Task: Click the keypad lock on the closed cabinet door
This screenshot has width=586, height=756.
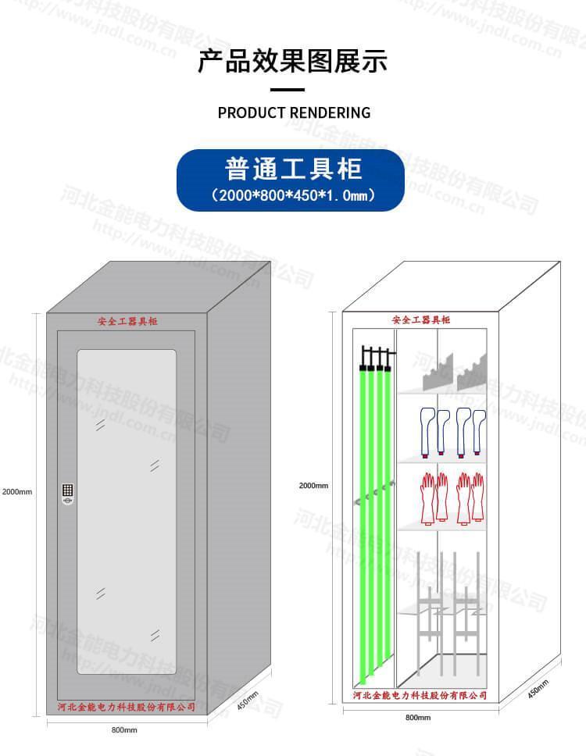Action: [x=68, y=494]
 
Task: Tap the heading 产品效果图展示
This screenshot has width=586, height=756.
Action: [x=292, y=61]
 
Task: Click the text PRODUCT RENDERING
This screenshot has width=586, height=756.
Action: [x=294, y=112]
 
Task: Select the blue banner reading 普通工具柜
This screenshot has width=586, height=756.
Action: [x=291, y=180]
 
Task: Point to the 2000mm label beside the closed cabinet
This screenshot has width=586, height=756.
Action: [x=17, y=492]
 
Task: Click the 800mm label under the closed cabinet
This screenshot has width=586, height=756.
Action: [x=124, y=730]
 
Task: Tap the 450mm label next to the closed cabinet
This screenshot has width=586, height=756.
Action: [x=248, y=701]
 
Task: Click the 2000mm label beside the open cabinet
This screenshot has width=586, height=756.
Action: [x=313, y=486]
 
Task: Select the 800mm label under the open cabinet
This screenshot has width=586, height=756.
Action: [x=414, y=717]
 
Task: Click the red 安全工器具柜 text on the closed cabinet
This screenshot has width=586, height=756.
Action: [x=127, y=322]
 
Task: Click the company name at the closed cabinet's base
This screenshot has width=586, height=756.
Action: [x=127, y=707]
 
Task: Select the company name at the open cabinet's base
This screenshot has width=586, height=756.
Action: [x=420, y=695]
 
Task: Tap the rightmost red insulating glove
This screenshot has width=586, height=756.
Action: [x=477, y=497]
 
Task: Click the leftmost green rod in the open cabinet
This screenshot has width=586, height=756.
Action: [x=363, y=515]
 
